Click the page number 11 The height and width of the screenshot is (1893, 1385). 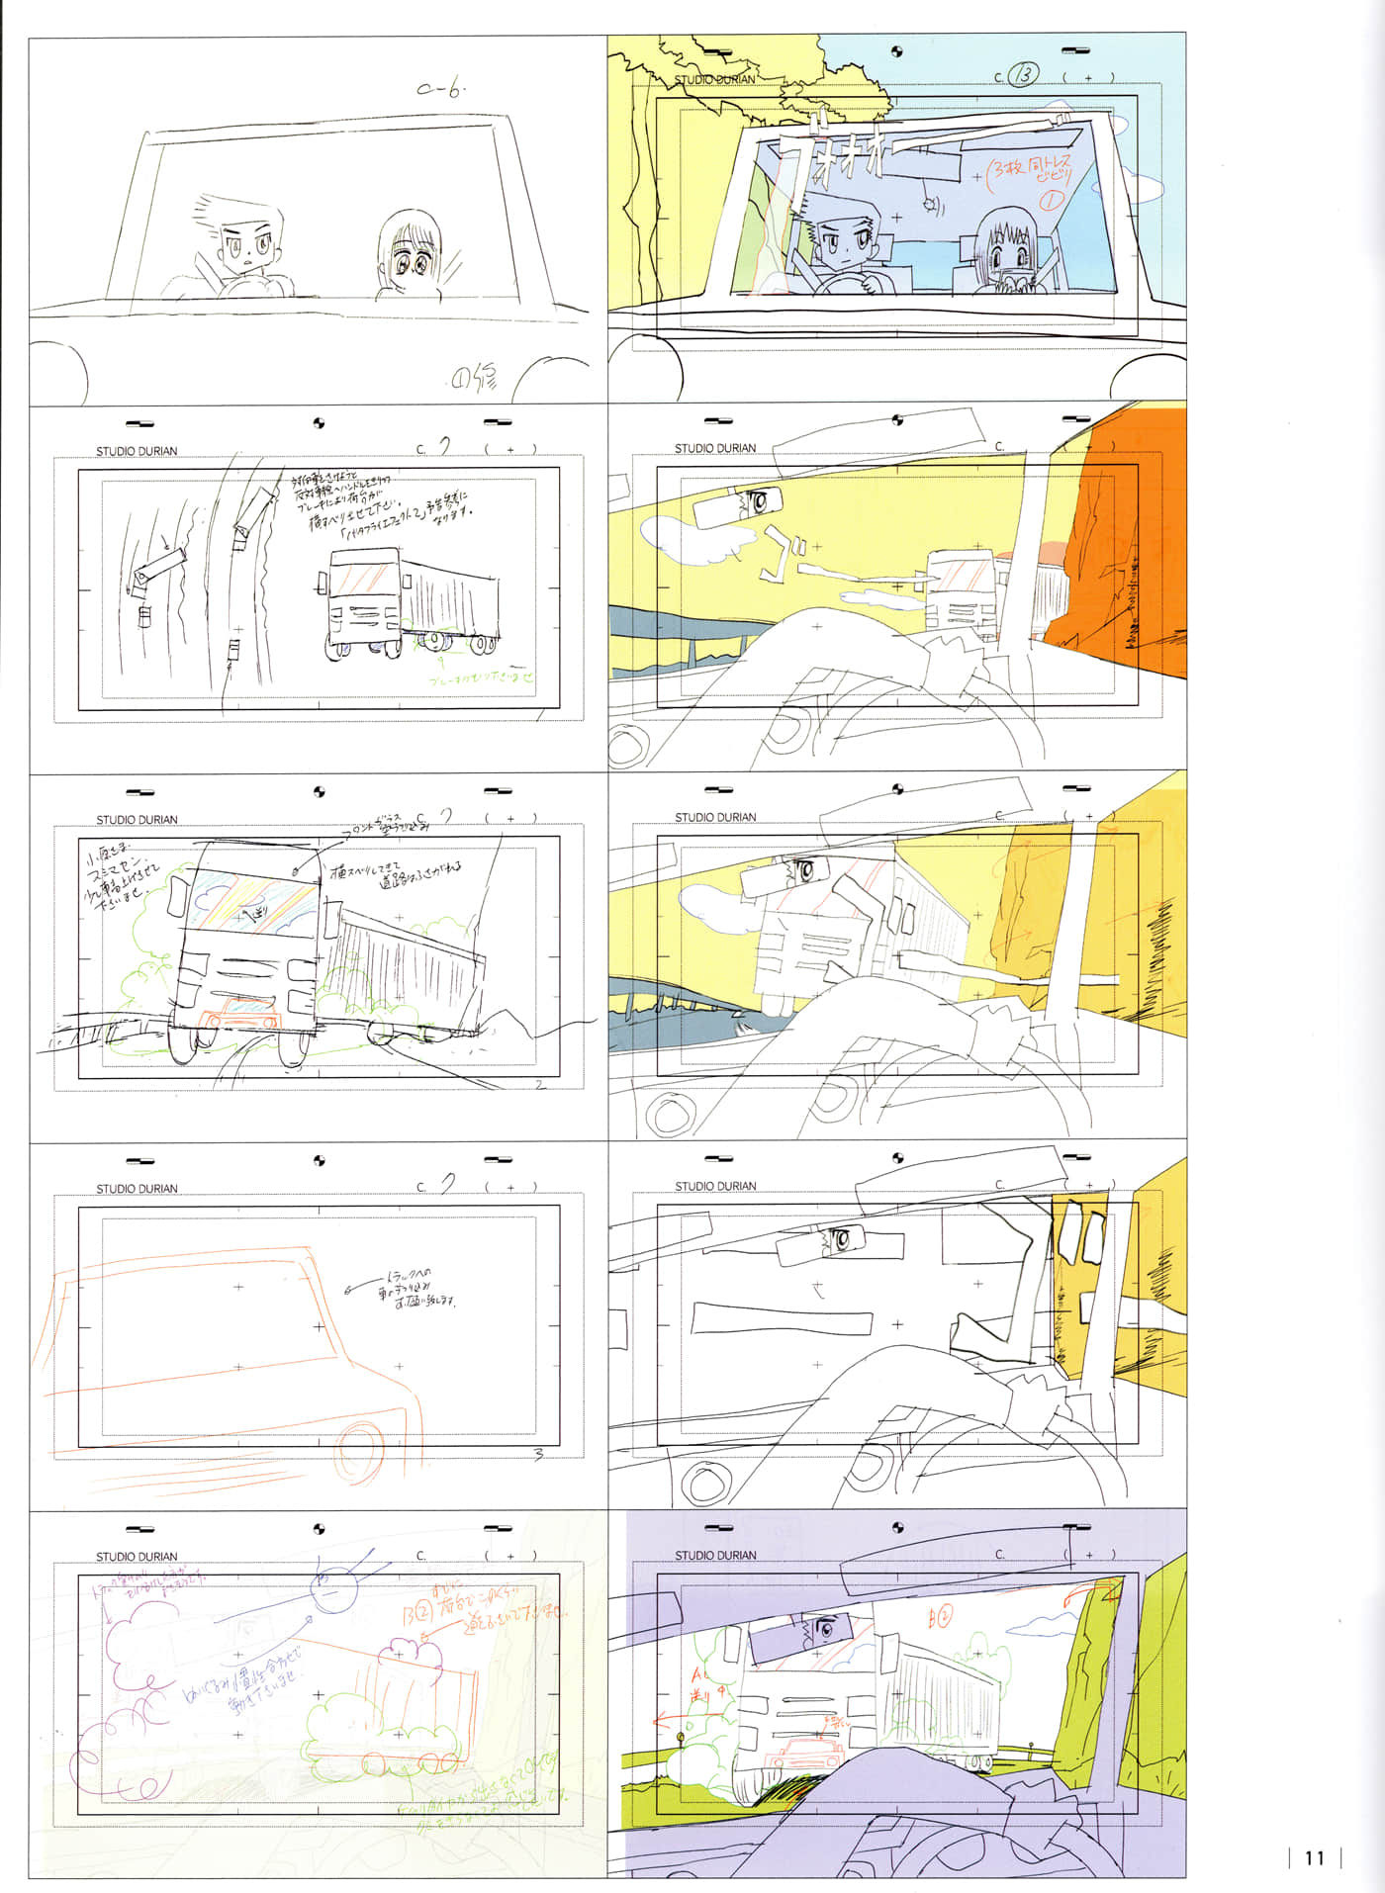(x=1314, y=1857)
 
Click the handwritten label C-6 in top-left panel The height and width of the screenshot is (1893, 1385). (x=440, y=90)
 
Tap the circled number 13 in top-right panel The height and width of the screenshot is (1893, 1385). (x=1024, y=75)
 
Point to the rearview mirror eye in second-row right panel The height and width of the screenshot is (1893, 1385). (x=760, y=501)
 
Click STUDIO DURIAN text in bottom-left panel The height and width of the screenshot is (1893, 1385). (x=137, y=1557)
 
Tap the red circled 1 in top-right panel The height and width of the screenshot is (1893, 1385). (x=1051, y=200)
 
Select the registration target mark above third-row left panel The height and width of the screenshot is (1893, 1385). (x=319, y=792)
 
